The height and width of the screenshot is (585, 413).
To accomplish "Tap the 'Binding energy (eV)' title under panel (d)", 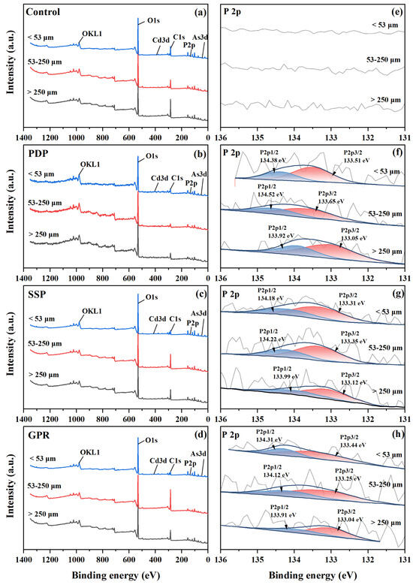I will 116,574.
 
